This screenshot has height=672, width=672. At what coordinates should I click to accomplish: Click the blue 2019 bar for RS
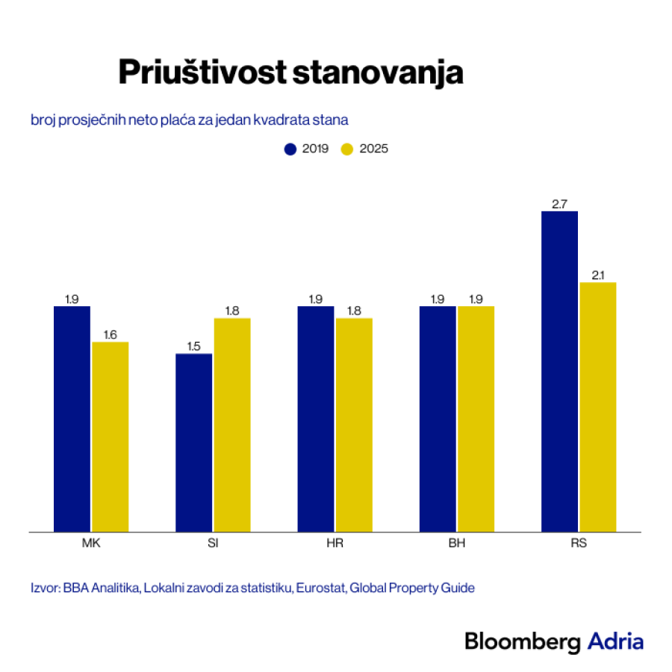pyautogui.click(x=559, y=371)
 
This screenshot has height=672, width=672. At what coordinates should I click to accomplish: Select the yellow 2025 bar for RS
pyautogui.click(x=597, y=407)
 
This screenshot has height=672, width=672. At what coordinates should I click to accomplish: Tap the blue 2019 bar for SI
pyautogui.click(x=194, y=442)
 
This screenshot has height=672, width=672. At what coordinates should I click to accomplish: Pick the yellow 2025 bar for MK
pyautogui.click(x=111, y=437)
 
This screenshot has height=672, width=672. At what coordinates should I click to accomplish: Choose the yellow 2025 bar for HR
pyautogui.click(x=354, y=425)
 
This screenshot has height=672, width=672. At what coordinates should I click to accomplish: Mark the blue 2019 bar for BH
pyautogui.click(x=438, y=419)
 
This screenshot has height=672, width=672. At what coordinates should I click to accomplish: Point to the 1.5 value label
pyautogui.click(x=194, y=346)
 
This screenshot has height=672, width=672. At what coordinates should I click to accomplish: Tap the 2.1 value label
pyautogui.click(x=597, y=275)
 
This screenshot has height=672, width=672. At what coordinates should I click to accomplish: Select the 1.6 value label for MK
pyautogui.click(x=111, y=335)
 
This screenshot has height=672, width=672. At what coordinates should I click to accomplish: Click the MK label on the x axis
pyautogui.click(x=91, y=544)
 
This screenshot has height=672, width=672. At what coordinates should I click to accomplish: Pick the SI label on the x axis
pyautogui.click(x=213, y=544)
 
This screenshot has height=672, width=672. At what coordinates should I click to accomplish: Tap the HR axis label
pyautogui.click(x=335, y=544)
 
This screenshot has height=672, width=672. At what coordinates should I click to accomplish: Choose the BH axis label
pyautogui.click(x=456, y=544)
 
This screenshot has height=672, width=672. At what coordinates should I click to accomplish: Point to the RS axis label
pyautogui.click(x=578, y=544)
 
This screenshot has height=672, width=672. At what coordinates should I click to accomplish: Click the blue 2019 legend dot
pyautogui.click(x=290, y=149)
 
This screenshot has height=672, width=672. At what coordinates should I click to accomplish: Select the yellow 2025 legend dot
pyautogui.click(x=347, y=149)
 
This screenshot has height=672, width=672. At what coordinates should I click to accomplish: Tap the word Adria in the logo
pyautogui.click(x=615, y=641)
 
